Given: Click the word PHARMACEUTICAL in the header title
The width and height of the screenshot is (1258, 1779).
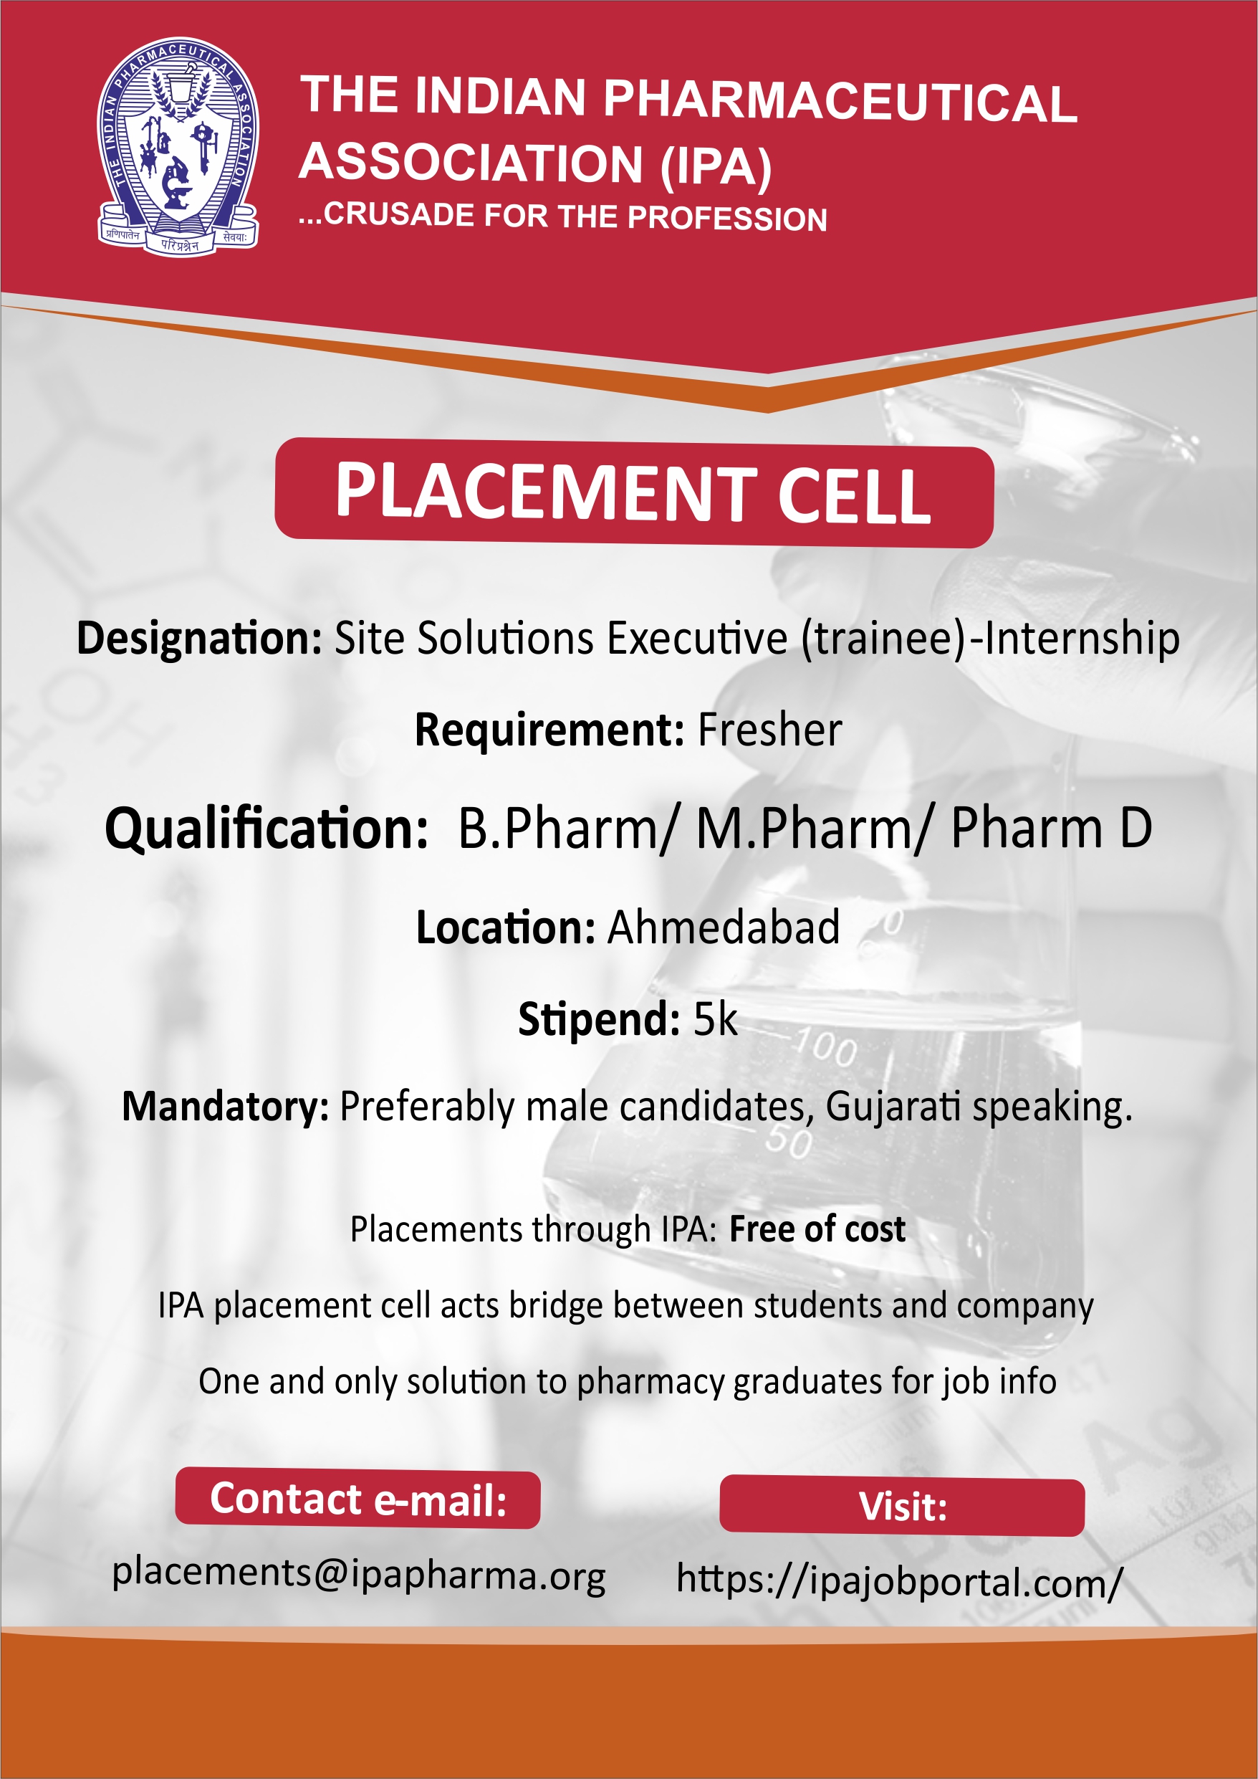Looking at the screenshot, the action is point(840,102).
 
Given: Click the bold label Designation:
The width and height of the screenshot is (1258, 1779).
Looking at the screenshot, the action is point(199,639).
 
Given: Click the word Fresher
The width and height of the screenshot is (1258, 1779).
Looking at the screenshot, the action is point(770,730).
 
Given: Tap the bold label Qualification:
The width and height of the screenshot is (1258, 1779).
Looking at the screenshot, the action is point(267,829).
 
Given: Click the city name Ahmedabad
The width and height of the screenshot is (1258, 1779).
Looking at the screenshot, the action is point(724,927).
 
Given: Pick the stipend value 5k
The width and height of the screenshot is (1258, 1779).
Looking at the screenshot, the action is point(715,1019).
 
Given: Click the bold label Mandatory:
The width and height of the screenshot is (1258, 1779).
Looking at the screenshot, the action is point(226,1107).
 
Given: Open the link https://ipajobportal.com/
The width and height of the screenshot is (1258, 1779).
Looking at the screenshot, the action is point(899,1581).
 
